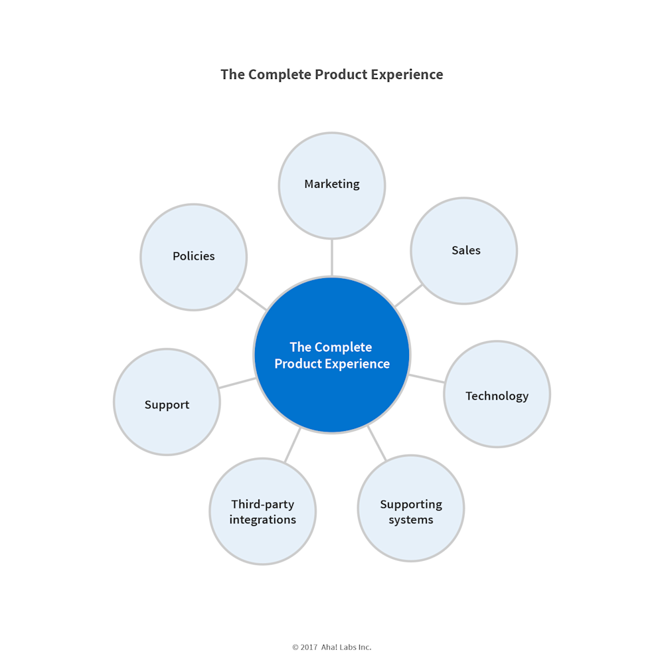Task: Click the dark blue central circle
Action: click(x=332, y=392)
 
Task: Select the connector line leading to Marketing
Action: click(x=332, y=257)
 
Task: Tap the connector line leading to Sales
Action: click(x=408, y=295)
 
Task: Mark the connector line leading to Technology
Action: click(x=427, y=378)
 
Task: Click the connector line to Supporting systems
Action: click(x=377, y=444)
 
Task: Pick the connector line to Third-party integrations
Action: click(x=293, y=445)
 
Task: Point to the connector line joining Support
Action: click(x=237, y=383)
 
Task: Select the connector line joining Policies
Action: click(x=252, y=299)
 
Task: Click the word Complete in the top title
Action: click(x=279, y=74)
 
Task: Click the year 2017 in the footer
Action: click(x=309, y=647)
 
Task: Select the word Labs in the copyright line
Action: click(x=347, y=647)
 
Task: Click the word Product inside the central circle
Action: click(x=298, y=364)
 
